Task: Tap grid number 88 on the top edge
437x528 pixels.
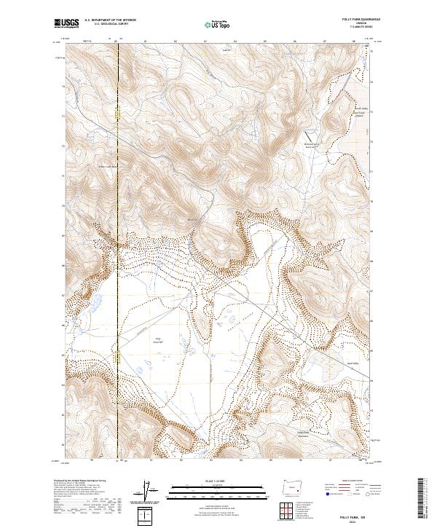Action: coord(354,42)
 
